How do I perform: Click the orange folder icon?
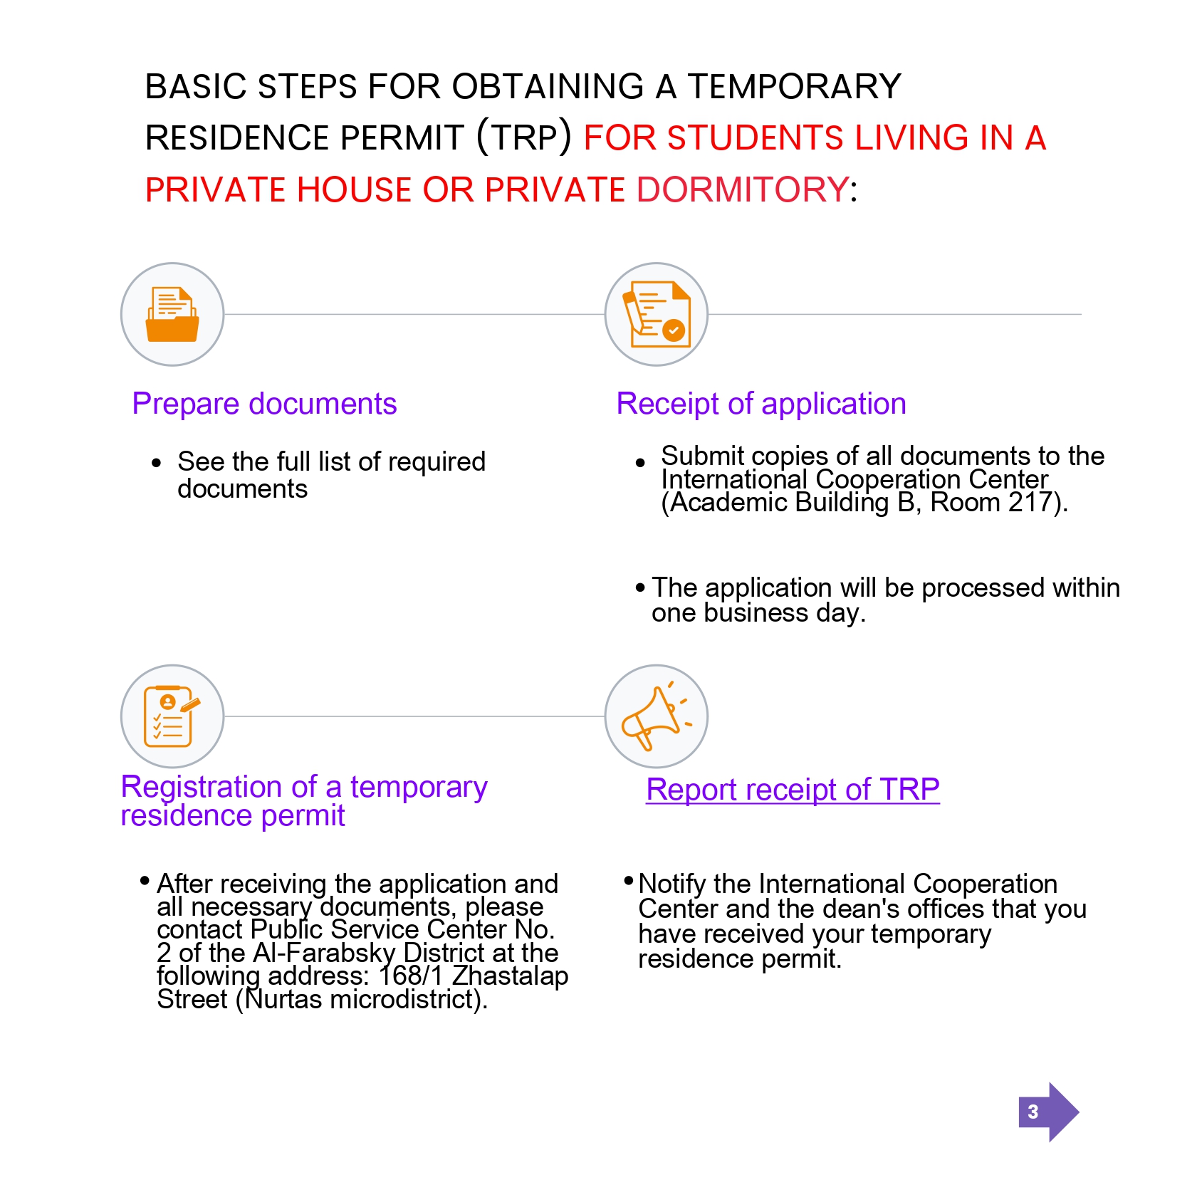(x=172, y=315)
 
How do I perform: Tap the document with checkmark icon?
(x=657, y=315)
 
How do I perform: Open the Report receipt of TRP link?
(x=793, y=790)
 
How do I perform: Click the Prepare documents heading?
(x=264, y=404)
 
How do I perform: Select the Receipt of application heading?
(x=761, y=404)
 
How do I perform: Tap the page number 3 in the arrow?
(x=1033, y=1112)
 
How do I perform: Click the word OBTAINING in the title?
(x=548, y=87)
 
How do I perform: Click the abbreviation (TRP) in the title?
(x=524, y=137)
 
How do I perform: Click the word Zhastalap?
(x=511, y=976)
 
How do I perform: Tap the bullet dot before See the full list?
(x=157, y=464)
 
